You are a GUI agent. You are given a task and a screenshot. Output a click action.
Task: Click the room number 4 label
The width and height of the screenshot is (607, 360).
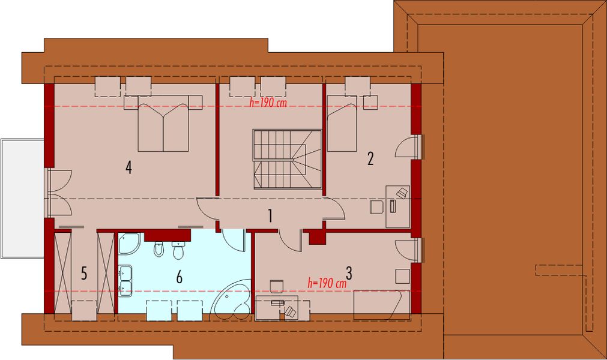tap(128, 167)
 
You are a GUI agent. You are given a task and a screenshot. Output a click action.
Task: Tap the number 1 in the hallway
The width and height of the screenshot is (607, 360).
tap(271, 215)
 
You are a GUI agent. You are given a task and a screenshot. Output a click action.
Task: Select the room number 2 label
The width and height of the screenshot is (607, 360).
tap(370, 159)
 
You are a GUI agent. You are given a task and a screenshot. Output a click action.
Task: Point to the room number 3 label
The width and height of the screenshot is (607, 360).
tap(349, 274)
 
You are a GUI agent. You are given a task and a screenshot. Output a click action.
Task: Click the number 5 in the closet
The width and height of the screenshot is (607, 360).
tap(84, 274)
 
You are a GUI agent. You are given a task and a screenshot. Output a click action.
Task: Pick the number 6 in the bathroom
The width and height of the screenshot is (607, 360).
tap(179, 277)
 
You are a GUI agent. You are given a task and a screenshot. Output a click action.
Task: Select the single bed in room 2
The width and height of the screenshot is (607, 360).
tap(342, 123)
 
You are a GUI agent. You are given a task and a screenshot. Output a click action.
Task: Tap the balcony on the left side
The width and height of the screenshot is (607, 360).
tap(22, 199)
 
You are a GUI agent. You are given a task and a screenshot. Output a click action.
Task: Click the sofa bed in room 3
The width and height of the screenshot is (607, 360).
tap(381, 305)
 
